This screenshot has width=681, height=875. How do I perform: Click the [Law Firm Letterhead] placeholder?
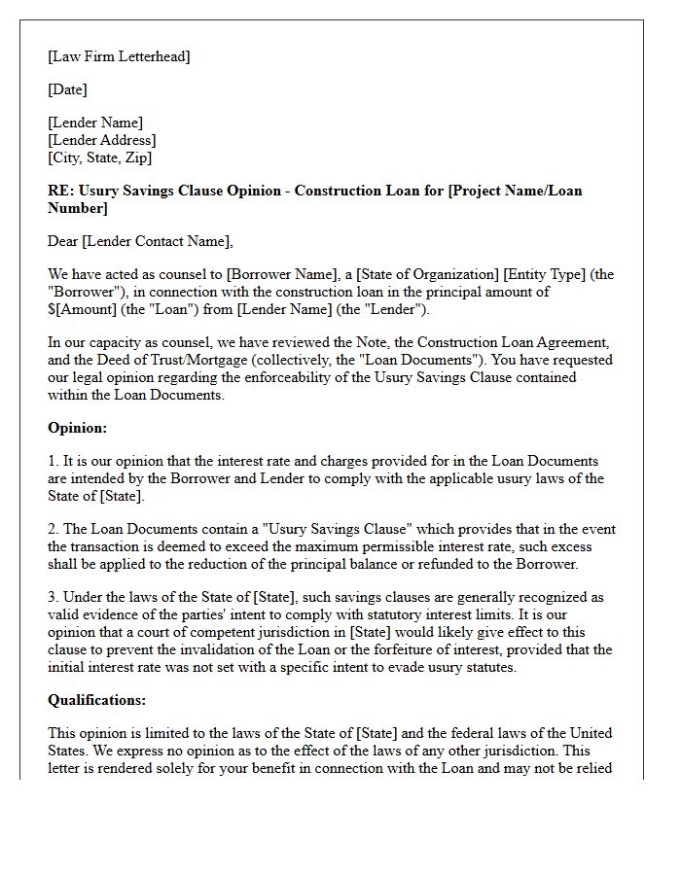(x=119, y=56)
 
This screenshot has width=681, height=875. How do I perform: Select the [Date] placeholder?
(x=67, y=89)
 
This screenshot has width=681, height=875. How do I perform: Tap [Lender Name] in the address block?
(x=95, y=122)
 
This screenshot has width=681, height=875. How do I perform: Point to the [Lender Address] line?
(x=101, y=140)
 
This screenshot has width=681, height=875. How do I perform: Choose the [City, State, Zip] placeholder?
(x=100, y=157)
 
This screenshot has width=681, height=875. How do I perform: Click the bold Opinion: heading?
(x=77, y=428)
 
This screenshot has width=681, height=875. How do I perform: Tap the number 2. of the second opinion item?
(x=54, y=529)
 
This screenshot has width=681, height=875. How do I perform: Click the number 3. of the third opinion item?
(x=54, y=597)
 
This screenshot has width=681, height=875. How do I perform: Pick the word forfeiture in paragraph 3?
(x=415, y=649)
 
